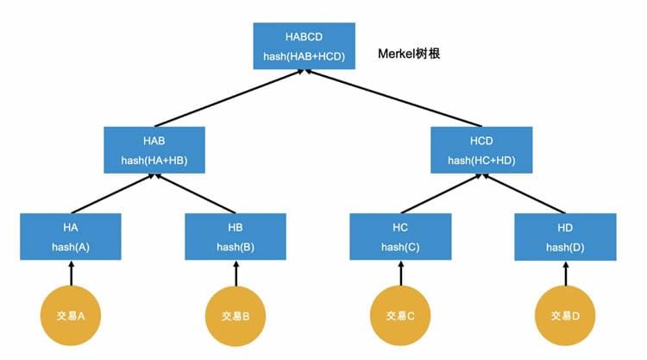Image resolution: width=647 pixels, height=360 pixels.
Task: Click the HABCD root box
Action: [305, 47]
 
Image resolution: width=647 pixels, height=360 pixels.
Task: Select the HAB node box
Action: [154, 150]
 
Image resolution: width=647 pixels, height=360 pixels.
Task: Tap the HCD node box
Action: [481, 150]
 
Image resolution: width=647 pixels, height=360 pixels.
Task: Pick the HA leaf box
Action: [71, 237]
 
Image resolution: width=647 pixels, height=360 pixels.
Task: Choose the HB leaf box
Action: [236, 237]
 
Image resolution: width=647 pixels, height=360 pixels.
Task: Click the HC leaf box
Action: [399, 237]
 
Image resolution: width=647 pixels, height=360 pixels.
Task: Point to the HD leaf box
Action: [564, 237]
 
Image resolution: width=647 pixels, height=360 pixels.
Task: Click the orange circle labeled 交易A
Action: [71, 315]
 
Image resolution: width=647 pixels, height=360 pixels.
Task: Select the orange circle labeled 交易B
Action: [236, 315]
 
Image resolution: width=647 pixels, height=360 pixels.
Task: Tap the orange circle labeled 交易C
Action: [399, 315]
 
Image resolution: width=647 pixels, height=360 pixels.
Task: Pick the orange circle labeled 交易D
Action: [564, 315]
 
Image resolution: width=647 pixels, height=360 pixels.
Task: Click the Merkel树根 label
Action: [411, 54]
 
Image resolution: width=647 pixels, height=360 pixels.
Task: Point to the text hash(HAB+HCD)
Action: [305, 57]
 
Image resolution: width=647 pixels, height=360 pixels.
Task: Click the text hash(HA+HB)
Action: [154, 160]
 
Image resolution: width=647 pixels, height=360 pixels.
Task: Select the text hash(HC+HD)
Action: [481, 160]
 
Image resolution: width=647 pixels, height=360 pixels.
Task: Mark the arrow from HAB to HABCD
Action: [229, 98]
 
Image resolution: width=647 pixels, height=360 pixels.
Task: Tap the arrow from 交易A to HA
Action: [71, 274]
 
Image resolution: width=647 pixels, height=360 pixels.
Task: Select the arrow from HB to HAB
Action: [196, 193]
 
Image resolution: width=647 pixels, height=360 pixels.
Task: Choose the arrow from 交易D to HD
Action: [564, 274]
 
